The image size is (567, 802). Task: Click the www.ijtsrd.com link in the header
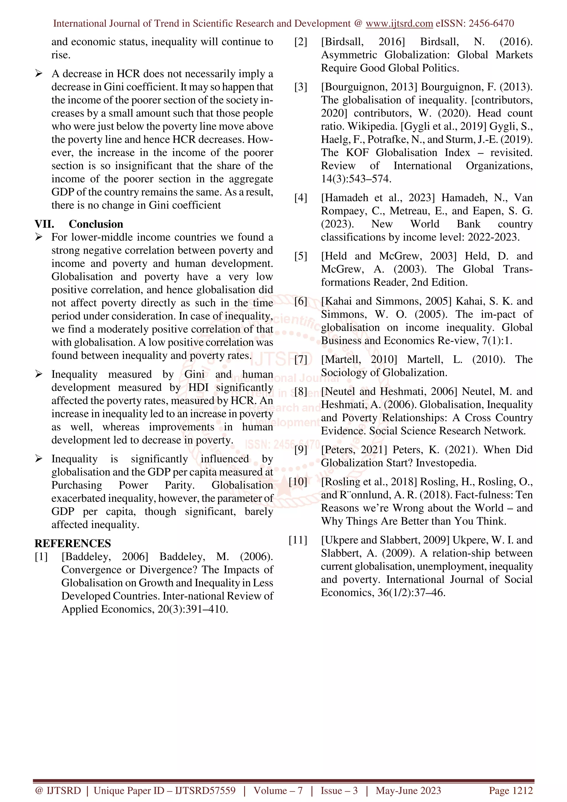tap(399, 24)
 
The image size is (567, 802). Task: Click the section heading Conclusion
tap(96, 224)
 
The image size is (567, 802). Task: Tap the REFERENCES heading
tap(73, 543)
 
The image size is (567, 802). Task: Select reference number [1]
tap(41, 557)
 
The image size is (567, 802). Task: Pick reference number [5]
tap(301, 256)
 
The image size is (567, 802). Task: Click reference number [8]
tap(301, 392)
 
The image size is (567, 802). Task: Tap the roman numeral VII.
tap(44, 224)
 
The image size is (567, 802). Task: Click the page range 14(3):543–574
tap(356, 179)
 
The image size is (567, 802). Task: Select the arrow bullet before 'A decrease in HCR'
tap(39, 74)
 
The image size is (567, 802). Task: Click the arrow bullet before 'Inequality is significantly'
tap(39, 459)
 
